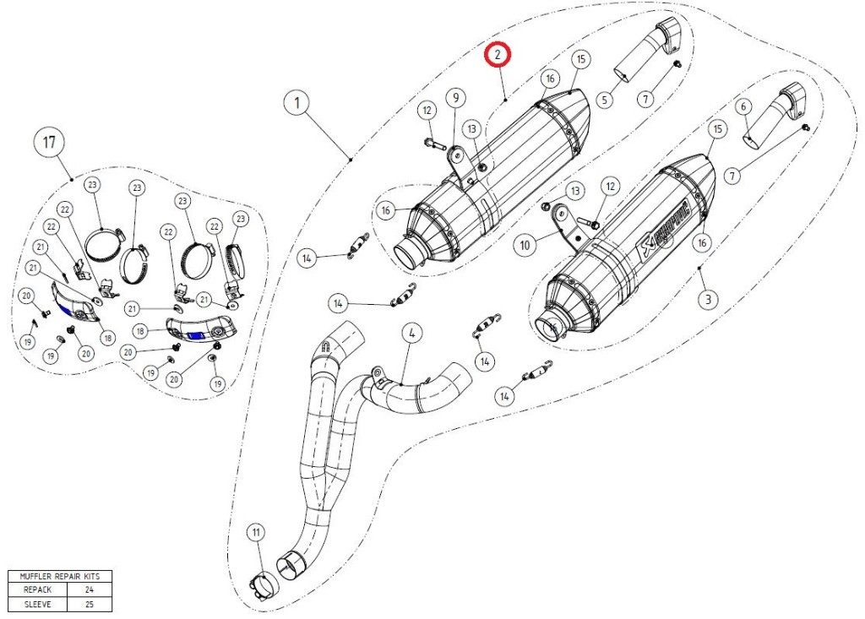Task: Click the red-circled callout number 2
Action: pos(498,55)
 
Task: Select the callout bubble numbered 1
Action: pos(296,105)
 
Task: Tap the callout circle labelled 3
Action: pos(708,298)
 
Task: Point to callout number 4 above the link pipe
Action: pos(411,333)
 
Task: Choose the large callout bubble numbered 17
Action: pos(49,143)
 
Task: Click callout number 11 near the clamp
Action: pos(256,532)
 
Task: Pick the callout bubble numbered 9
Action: pos(455,98)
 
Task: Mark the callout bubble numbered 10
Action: pos(525,245)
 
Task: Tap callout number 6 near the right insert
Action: pos(743,106)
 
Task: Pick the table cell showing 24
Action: pos(89,589)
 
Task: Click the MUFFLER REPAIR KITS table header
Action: pos(59,576)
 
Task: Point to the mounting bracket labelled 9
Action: pos(460,166)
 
